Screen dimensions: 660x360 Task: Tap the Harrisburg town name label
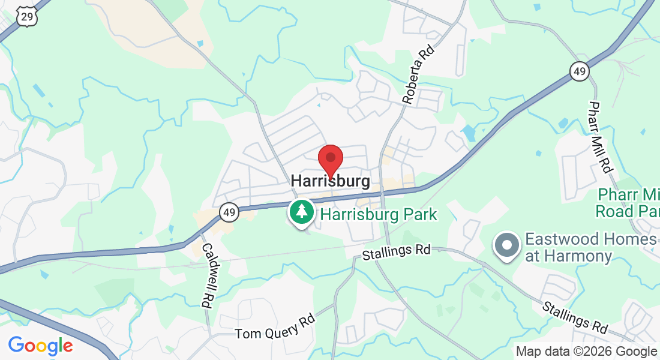pyautogui.click(x=330, y=181)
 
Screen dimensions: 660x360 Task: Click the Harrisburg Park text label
pyautogui.click(x=378, y=214)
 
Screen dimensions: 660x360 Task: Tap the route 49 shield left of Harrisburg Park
pyautogui.click(x=229, y=212)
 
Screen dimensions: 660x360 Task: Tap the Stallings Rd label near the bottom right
pyautogui.click(x=575, y=318)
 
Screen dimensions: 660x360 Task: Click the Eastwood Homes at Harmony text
pyautogui.click(x=590, y=248)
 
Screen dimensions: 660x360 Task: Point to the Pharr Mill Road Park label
pyautogui.click(x=628, y=203)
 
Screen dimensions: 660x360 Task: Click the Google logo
pyautogui.click(x=40, y=346)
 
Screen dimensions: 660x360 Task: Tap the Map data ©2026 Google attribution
pyautogui.click(x=586, y=352)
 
